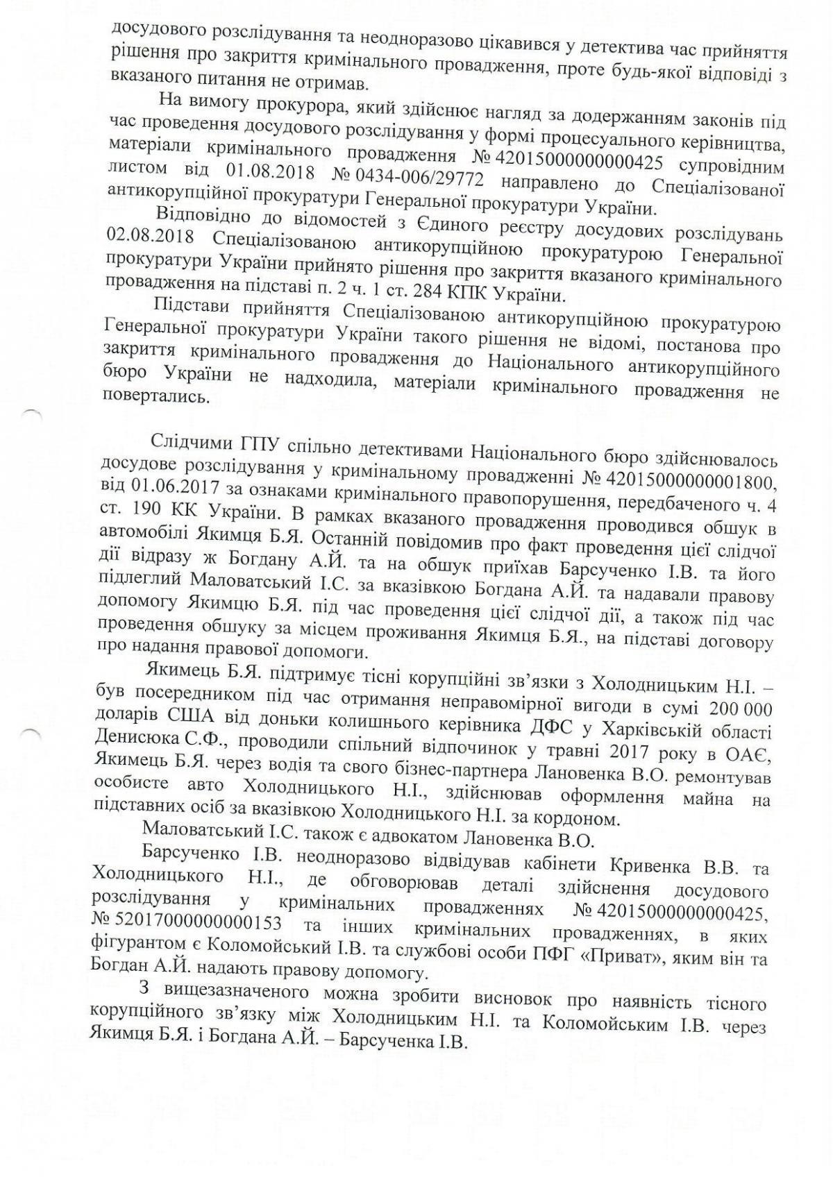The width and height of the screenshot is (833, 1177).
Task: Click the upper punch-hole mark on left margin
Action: point(32,414)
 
